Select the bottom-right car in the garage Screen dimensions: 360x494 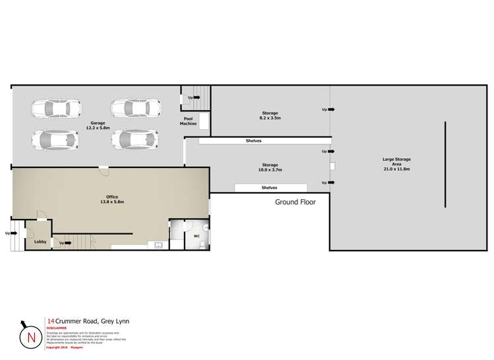pos(135,139)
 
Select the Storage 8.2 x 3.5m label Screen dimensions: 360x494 pos(269,116)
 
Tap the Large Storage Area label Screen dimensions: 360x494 pos(396,164)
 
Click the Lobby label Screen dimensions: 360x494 pos(40,242)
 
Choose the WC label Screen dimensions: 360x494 pos(196,235)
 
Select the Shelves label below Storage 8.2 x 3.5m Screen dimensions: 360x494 pos(254,140)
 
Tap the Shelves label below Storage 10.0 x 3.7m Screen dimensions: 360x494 pos(269,188)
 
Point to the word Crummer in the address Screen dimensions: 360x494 pos(69,321)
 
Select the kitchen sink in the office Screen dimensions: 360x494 pos(158,246)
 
